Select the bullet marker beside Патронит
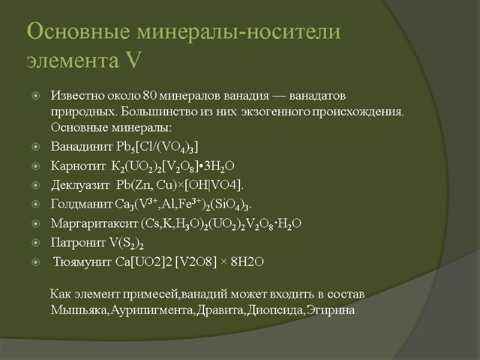36,243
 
